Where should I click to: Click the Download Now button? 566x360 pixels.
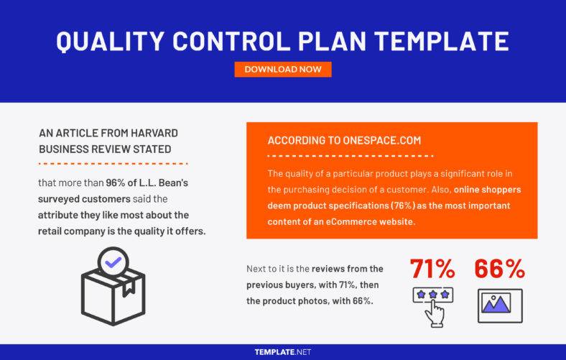[283, 70]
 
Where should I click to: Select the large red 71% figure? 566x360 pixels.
[432, 269]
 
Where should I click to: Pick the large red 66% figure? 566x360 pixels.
[500, 269]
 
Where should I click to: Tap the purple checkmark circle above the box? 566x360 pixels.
[113, 262]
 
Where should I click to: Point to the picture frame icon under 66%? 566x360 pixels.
[500, 305]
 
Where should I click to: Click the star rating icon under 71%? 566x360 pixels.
[432, 295]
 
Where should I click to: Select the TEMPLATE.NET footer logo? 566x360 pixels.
[283, 352]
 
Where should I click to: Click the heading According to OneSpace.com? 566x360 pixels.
[344, 140]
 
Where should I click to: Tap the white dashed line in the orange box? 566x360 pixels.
[350, 155]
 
